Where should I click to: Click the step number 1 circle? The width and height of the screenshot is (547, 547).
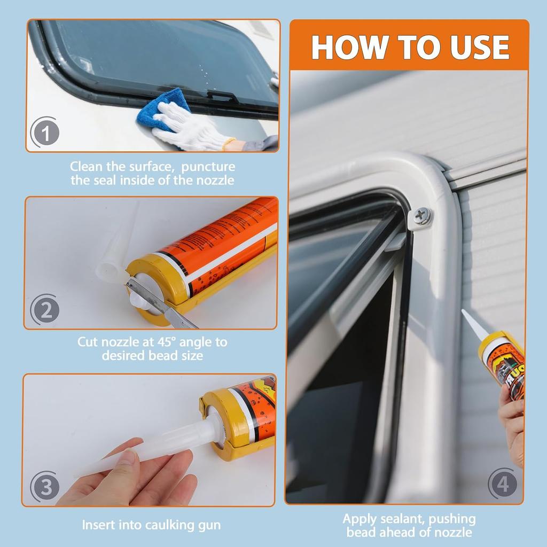tap(46, 133)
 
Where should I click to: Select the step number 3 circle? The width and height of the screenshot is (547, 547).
tap(46, 487)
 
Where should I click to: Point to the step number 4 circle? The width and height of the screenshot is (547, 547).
tap(503, 484)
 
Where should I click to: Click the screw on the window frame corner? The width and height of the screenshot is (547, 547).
tap(421, 216)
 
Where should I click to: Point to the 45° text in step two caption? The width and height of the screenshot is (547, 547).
tap(170, 341)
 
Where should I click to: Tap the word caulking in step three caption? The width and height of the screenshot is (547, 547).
tap(169, 525)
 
